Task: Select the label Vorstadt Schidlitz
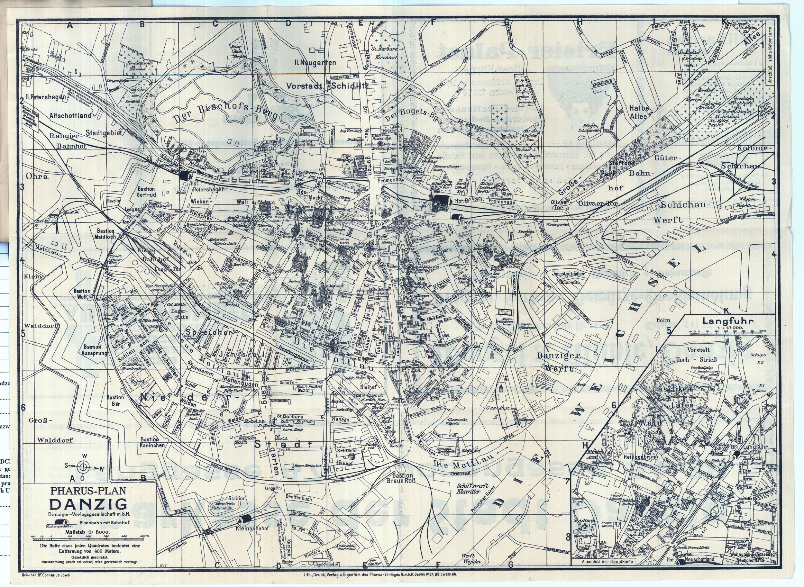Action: [x=327, y=86]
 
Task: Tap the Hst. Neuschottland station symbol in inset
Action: [x=681, y=572]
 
